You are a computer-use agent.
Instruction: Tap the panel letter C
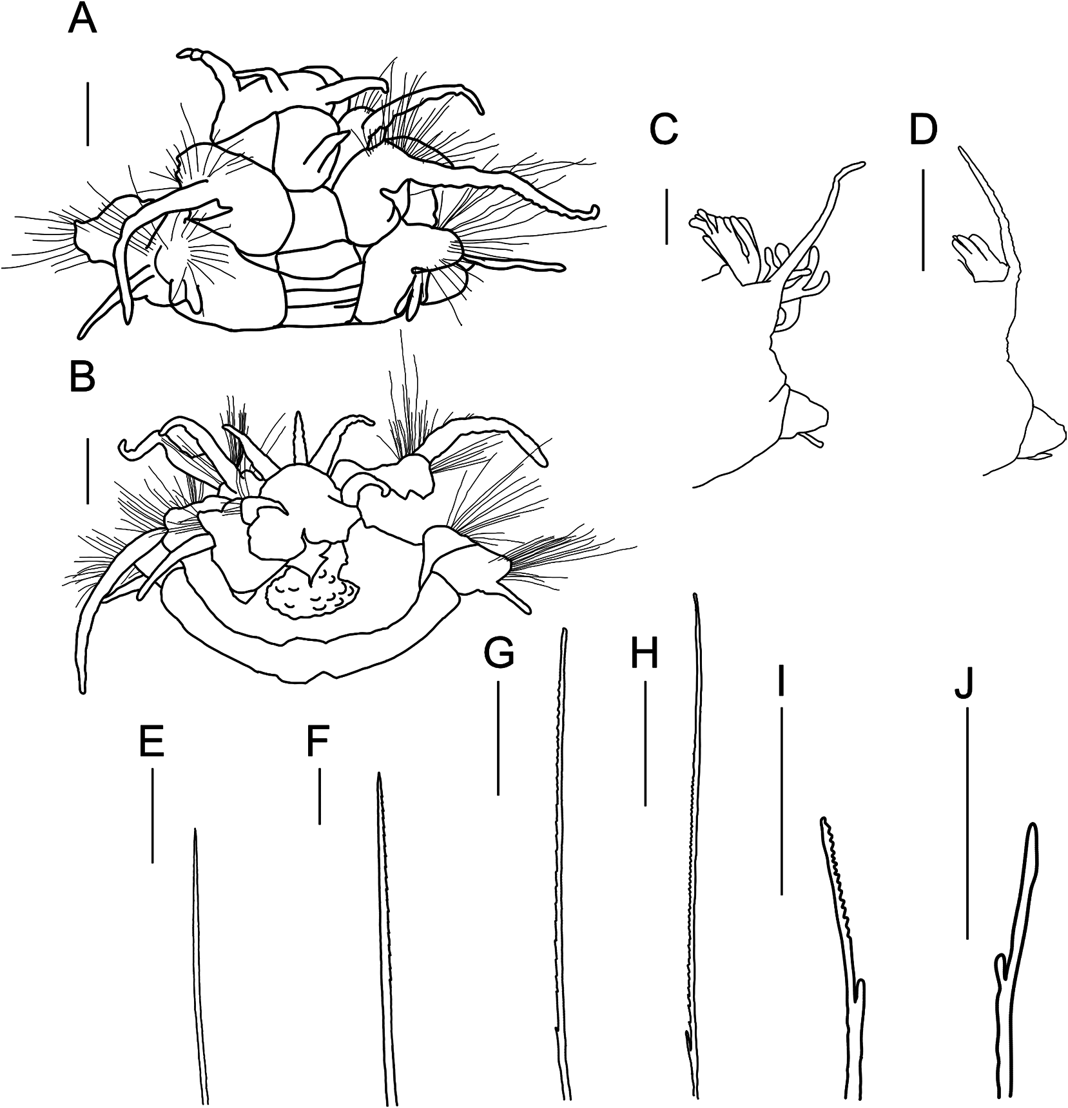coord(664,131)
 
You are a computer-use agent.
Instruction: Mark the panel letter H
coord(645,654)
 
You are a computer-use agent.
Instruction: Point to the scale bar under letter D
coord(923,220)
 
